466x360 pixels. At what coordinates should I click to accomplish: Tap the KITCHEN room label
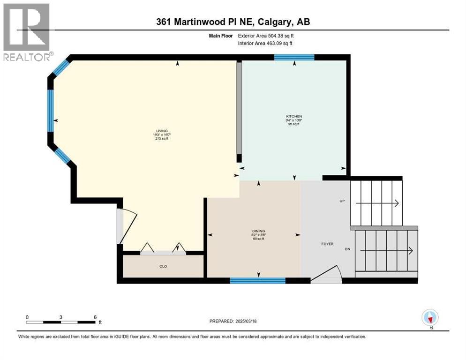pos(294,116)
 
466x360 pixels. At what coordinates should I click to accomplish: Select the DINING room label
pos(258,231)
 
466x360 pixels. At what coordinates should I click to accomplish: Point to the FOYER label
pos(327,244)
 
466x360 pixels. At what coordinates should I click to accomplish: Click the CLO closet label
pos(163,266)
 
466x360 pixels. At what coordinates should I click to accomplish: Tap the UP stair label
pos(342,201)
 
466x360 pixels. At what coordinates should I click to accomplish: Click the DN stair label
pos(347,249)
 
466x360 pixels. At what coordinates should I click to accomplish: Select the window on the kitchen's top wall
pos(294,57)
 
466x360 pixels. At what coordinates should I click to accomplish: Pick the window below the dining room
pos(257,280)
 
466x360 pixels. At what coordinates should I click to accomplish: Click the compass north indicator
pos(430,318)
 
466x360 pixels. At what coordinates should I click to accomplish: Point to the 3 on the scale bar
pos(61,317)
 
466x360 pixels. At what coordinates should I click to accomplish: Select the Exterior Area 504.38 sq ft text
pos(266,36)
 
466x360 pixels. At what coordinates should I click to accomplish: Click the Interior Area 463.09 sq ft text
pos(266,44)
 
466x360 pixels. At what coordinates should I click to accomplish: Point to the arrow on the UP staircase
pos(377,203)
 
